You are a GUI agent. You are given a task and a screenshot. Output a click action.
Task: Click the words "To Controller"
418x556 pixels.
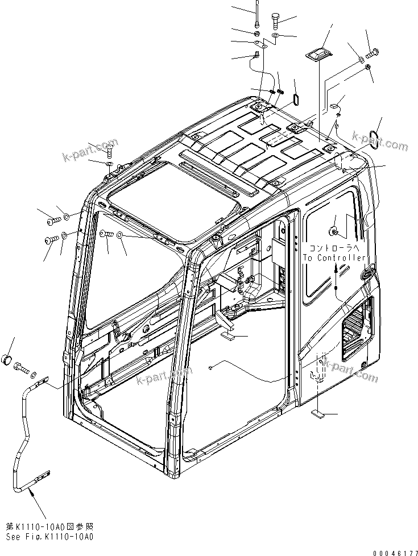coord(334,258)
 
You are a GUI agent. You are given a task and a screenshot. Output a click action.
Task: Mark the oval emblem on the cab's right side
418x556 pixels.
coord(366,273)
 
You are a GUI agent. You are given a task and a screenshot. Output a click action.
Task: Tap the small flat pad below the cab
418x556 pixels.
coord(319,416)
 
